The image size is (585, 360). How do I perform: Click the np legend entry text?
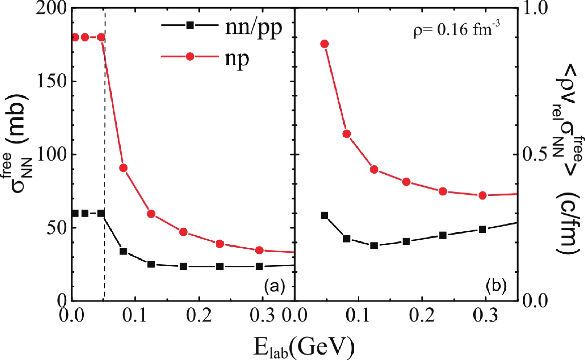click(237, 58)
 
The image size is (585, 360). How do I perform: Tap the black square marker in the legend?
click(190, 25)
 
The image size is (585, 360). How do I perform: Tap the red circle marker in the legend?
click(190, 57)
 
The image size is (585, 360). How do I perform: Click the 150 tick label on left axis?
click(52, 81)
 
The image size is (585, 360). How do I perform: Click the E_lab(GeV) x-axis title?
click(304, 347)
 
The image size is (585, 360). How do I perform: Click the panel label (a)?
click(274, 287)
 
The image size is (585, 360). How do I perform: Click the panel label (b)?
click(496, 287)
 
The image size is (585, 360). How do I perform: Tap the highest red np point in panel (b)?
click(325, 44)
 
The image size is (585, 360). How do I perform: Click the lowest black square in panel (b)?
click(374, 246)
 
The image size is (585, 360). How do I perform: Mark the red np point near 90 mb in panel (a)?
click(123, 168)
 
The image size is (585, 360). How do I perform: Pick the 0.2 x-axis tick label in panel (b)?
click(422, 316)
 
